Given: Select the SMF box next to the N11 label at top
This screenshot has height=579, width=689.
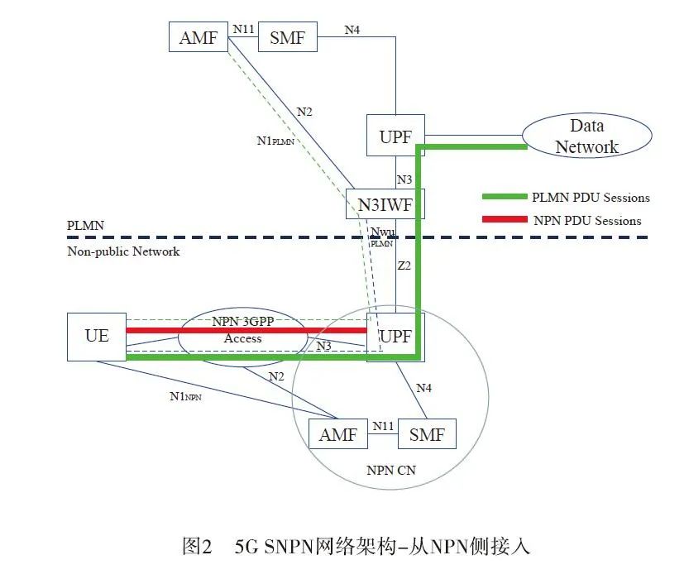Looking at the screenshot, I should point(287,36).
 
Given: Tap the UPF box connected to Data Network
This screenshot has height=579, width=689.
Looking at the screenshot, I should point(395,136).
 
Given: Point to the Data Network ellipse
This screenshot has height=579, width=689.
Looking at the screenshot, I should point(586,136).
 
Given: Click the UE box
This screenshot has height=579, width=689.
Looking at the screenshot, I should point(96,337).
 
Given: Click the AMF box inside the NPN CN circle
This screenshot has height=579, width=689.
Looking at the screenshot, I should point(338,433).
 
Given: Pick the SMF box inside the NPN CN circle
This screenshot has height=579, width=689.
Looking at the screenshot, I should point(427,433).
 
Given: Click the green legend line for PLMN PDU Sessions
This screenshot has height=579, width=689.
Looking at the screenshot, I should point(505,198).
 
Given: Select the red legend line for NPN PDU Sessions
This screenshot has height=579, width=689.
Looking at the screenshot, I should point(505,220).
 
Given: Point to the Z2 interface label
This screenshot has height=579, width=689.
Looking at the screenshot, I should point(404,267).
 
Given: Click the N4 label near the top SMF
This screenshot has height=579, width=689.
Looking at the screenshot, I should point(353,31).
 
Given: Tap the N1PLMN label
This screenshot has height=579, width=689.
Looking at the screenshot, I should point(275,141).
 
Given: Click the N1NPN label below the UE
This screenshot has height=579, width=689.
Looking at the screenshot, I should point(185,397).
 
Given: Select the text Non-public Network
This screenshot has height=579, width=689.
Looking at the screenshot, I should point(123,251).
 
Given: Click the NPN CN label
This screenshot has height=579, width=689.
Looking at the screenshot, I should point(390,470).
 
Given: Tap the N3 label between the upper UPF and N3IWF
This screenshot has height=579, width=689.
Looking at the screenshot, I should point(404,179).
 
